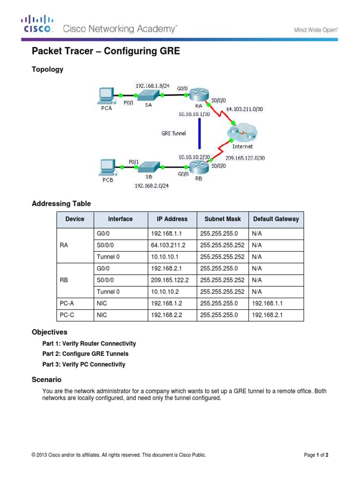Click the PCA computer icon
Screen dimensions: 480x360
105,96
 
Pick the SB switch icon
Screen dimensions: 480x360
149,166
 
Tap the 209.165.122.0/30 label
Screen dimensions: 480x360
245,158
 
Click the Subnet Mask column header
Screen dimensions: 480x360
222,219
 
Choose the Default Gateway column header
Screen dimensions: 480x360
276,219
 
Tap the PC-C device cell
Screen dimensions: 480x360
67,315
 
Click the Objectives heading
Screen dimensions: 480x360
49,332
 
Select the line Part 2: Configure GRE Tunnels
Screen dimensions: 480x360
85,354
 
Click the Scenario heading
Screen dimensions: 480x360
46,379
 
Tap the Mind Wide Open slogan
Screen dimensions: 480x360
315,30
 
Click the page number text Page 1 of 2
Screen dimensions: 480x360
319,455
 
